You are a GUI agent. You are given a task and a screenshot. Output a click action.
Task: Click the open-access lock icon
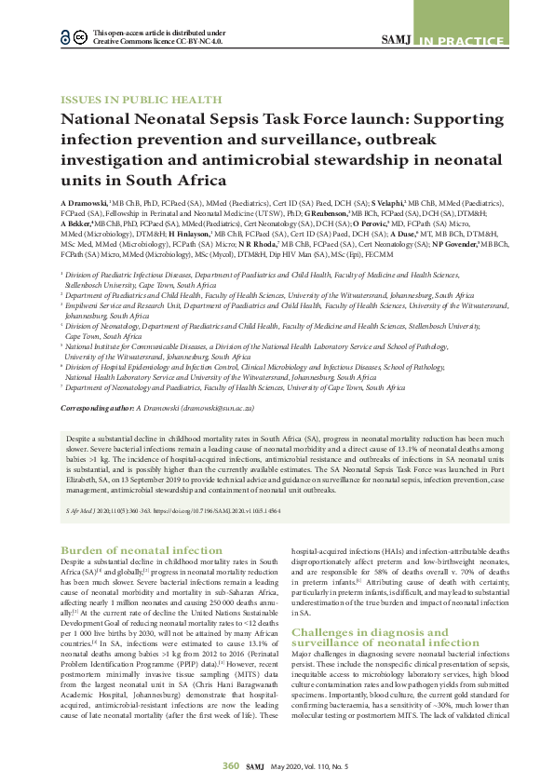(x=64, y=36)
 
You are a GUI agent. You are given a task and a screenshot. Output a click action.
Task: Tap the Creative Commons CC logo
(x=80, y=36)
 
